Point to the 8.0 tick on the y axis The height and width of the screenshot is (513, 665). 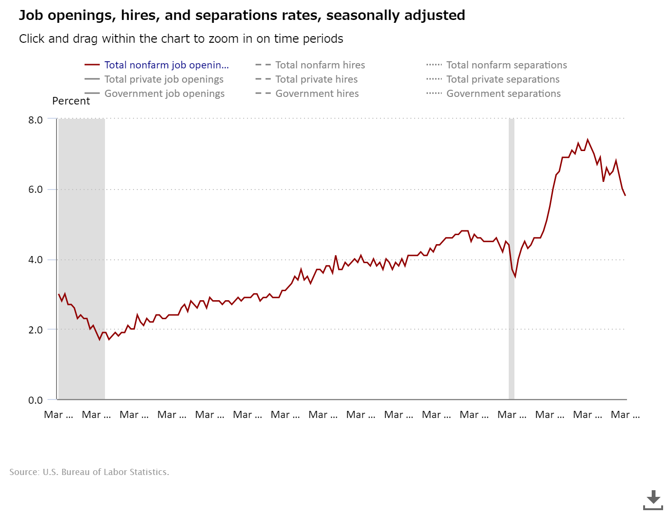[36, 120]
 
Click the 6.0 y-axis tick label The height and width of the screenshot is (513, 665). [36, 190]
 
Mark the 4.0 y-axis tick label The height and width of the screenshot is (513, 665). [36, 260]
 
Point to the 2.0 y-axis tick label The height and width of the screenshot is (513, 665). [36, 330]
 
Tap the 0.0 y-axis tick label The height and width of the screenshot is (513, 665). [36, 400]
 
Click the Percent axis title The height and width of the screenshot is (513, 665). [71, 101]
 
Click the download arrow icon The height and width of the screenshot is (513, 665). [653, 499]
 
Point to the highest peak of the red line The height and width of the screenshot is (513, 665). [588, 140]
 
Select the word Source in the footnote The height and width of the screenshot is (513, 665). [24, 472]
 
